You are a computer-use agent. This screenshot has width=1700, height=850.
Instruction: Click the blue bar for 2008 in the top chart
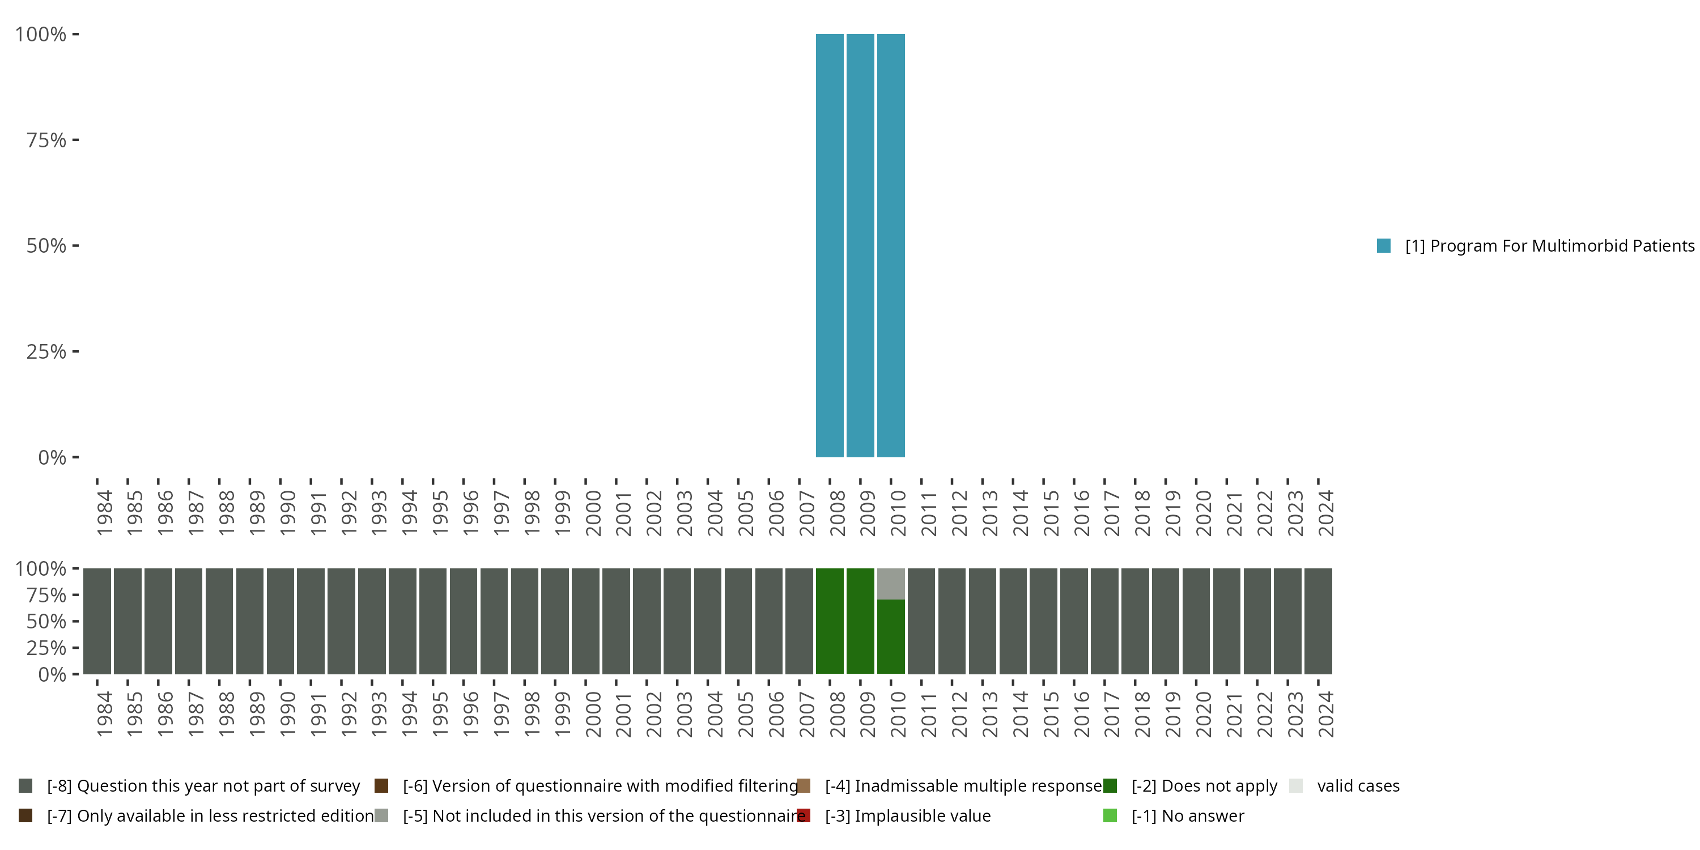click(x=830, y=245)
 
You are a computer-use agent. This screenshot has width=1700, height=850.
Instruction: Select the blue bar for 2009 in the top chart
click(x=860, y=245)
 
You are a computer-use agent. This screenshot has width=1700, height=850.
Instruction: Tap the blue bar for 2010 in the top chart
click(x=891, y=245)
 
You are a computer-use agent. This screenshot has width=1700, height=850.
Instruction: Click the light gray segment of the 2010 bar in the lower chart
click(x=891, y=584)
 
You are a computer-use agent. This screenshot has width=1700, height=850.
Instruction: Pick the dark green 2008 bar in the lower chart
click(x=830, y=621)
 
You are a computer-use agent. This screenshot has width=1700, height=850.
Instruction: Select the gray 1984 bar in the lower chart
click(x=97, y=621)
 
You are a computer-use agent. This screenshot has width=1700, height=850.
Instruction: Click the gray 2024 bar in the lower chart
click(x=1318, y=621)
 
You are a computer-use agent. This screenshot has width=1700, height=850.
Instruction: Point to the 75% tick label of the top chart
click(x=46, y=140)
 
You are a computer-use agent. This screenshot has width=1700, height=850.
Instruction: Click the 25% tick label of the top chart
click(x=46, y=352)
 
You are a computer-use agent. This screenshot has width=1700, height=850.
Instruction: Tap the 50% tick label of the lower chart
click(x=46, y=622)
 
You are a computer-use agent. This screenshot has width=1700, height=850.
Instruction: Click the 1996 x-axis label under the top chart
click(x=470, y=513)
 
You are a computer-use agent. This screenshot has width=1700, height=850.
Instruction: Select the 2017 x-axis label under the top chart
click(x=1111, y=513)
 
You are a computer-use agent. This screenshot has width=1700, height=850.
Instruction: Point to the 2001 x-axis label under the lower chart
click(x=623, y=714)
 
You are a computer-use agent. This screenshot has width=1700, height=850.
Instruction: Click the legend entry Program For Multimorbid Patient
click(x=1544, y=246)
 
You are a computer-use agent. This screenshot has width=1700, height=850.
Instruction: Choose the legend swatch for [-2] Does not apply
click(x=1110, y=786)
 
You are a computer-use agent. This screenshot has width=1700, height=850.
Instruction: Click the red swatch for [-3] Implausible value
click(x=803, y=815)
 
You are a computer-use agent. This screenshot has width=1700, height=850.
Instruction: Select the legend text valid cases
click(x=1358, y=786)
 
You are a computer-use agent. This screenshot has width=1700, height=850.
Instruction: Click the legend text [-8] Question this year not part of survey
click(x=203, y=786)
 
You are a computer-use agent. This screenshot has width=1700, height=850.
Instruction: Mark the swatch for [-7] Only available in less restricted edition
click(x=25, y=815)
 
